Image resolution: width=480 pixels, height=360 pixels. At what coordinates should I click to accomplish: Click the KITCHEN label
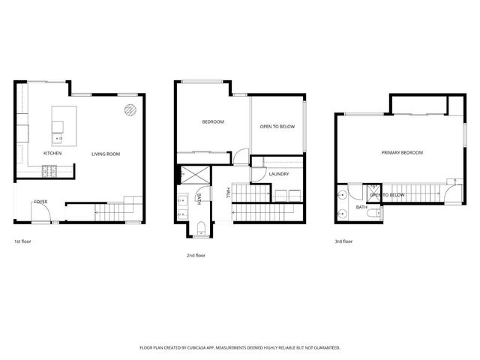[52, 154]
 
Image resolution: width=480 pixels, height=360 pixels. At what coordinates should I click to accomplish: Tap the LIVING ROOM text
[106, 154]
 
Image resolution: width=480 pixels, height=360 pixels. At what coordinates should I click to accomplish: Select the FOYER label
[40, 202]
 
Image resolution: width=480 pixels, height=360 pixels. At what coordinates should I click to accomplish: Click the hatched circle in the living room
[130, 110]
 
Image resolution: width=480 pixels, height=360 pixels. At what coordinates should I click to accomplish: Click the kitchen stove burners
[50, 172]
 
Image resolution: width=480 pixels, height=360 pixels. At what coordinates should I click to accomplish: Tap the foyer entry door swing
[43, 216]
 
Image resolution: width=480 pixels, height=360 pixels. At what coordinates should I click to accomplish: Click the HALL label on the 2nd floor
[228, 193]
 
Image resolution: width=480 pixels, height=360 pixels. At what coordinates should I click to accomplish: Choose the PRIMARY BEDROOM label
[402, 152]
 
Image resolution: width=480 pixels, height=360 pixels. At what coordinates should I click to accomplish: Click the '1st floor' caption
[22, 241]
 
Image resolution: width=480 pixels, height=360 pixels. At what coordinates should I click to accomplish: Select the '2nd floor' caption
[196, 255]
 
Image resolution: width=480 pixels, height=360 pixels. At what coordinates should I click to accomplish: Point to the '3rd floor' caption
[343, 241]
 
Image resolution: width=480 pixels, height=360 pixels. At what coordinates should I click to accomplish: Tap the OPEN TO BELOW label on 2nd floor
[277, 127]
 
